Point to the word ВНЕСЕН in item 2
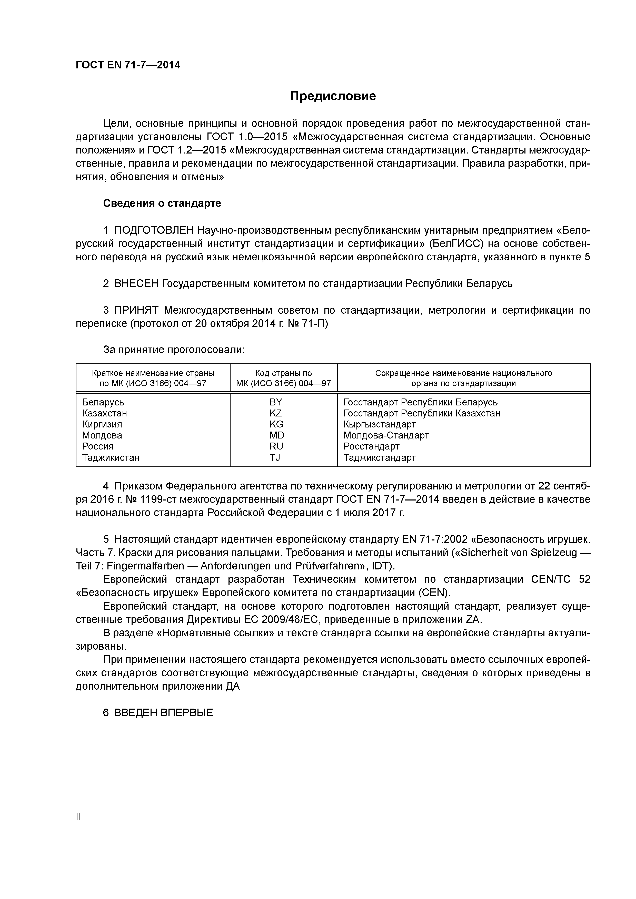pyautogui.click(x=136, y=283)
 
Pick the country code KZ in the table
pyautogui.click(x=275, y=413)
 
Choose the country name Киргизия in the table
pyautogui.click(x=102, y=424)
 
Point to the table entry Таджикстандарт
pyautogui.click(x=379, y=457)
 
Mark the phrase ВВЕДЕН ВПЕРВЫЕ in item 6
pyautogui.click(x=163, y=713)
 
